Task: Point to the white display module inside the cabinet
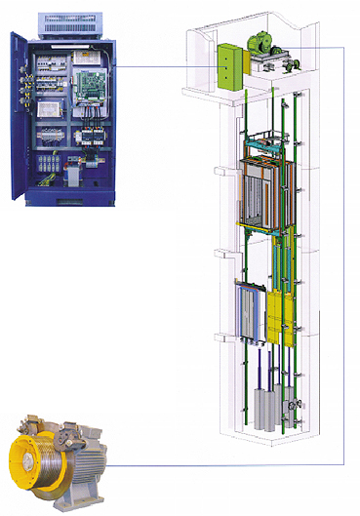(x=50, y=127)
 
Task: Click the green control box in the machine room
(x=230, y=65)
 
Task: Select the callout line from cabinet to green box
(x=166, y=65)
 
